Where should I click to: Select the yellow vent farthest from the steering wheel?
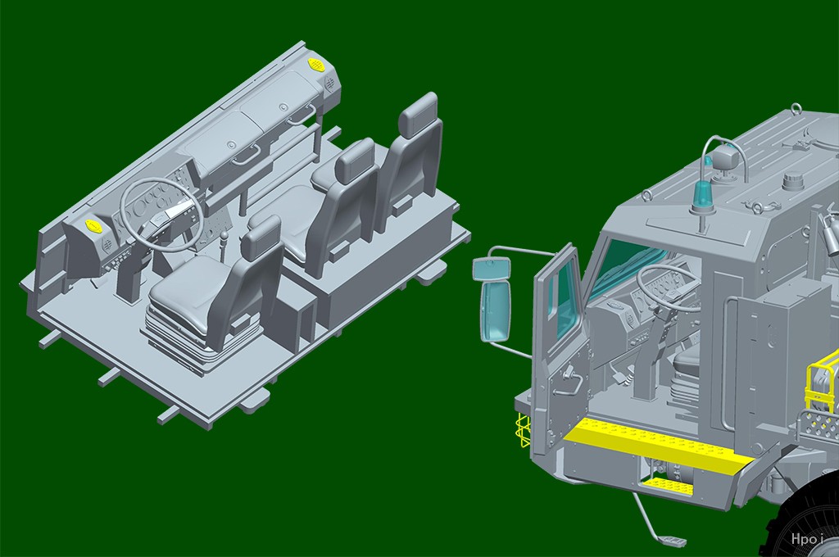point(315,64)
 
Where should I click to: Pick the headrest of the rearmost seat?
point(419,114)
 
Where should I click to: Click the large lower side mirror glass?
point(496,310)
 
